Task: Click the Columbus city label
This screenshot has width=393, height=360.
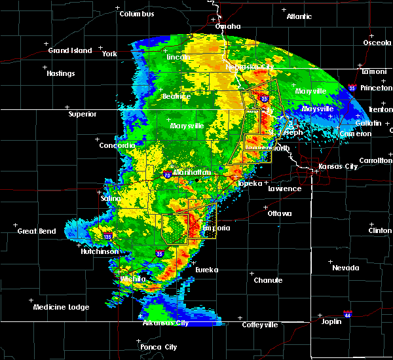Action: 137,14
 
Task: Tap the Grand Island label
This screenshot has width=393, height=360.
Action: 68,50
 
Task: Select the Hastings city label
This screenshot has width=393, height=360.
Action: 60,73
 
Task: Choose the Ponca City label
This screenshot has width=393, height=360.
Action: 161,347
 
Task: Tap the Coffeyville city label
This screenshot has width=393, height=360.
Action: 259,325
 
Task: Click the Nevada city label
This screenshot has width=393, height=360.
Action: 345,268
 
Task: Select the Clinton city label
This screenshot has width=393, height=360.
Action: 381,230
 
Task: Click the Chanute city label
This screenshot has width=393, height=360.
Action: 269,280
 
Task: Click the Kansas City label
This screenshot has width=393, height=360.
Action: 338,166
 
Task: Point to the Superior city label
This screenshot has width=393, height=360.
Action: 82,114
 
